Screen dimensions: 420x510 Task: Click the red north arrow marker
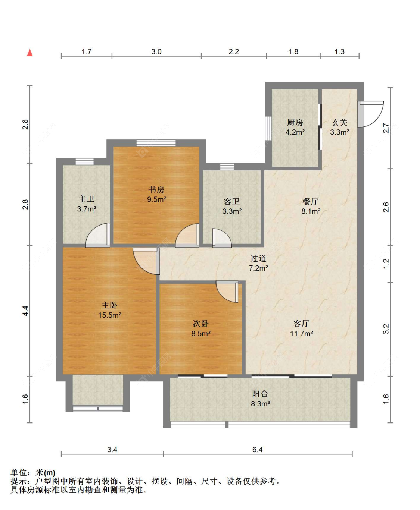tap(30, 53)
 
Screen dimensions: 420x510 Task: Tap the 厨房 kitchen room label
tap(295, 123)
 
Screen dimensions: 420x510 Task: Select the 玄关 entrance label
tap(340, 123)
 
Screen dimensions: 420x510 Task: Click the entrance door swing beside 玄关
tap(371, 114)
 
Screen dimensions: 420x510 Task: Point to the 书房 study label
tap(156, 190)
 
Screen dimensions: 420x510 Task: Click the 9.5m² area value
tap(157, 199)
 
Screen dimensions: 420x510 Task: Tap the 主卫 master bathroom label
tap(86, 199)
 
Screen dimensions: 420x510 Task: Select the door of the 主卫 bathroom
tap(98, 235)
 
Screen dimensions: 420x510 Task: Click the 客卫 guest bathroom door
tap(222, 238)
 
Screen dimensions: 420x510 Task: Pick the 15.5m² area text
tap(110, 315)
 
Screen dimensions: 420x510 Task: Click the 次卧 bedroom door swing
tap(227, 292)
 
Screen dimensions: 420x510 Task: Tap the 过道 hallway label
tap(258, 258)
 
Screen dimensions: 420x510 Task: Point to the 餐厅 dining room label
tap(311, 201)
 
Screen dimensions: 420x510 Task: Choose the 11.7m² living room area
tap(302, 333)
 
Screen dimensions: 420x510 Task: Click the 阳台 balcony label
tap(260, 394)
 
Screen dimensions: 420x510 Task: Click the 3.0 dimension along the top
tap(156, 51)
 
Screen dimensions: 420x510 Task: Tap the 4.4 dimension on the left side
tap(25, 311)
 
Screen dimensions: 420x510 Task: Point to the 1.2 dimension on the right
tap(386, 263)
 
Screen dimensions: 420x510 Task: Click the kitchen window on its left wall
tap(268, 128)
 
